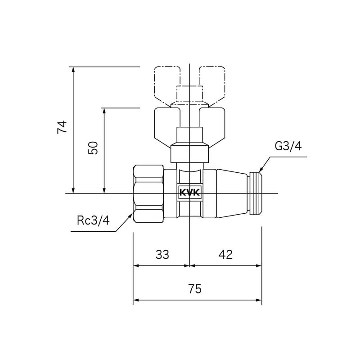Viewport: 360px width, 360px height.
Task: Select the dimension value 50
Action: point(93,148)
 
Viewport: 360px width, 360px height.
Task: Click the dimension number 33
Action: point(162,254)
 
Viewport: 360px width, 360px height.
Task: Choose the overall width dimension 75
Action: point(194,289)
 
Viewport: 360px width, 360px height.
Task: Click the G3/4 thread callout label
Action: point(288,147)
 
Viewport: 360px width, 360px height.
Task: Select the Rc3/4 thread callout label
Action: point(93,220)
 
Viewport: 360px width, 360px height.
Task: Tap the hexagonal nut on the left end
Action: point(148,193)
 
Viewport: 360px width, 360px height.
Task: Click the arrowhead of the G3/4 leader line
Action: point(261,170)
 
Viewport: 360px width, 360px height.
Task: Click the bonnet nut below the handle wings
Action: point(190,153)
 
